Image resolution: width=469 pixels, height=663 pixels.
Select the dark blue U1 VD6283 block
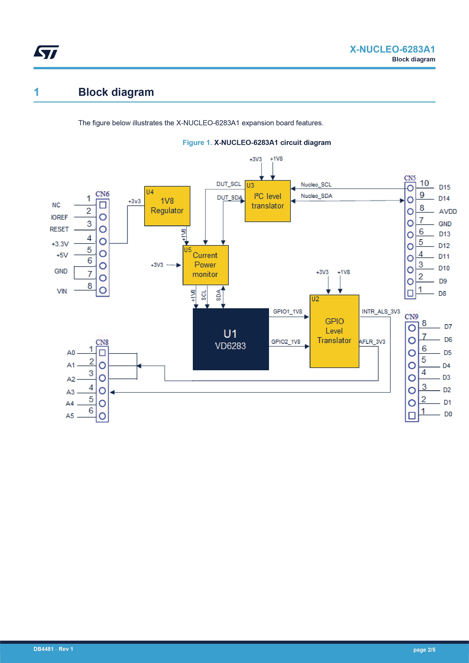231,339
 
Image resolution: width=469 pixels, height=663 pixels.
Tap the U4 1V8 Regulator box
167,206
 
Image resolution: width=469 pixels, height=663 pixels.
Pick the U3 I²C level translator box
268,201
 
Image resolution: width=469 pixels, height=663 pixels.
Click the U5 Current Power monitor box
206,265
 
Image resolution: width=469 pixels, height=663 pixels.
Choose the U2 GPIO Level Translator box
334,331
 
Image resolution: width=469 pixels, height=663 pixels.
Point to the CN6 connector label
102,194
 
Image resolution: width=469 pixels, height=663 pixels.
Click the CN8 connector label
102,342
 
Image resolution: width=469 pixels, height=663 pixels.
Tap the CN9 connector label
412,317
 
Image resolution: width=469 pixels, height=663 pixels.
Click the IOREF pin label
59,217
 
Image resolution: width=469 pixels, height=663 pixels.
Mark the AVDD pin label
448,211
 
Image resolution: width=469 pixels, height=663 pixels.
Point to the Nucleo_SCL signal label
316,184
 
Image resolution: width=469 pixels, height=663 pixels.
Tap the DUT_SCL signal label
229,184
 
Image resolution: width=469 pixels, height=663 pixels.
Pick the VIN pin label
62,291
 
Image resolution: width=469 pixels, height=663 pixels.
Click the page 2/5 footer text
424,650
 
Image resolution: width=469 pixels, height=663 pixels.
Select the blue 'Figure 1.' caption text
197,143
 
